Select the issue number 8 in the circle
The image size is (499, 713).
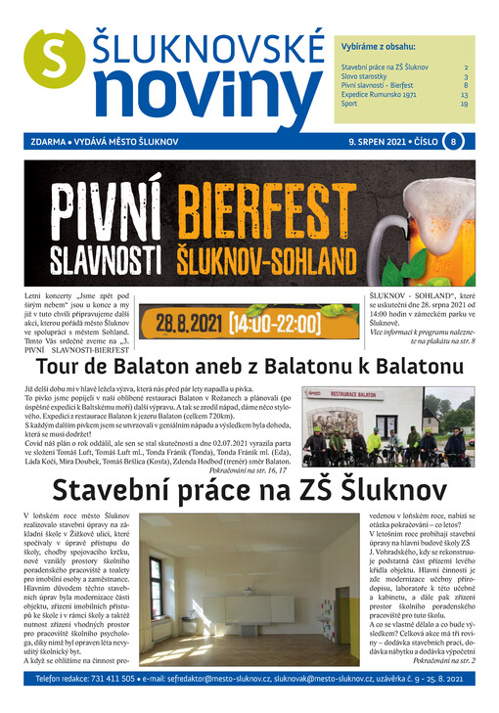coord(453,142)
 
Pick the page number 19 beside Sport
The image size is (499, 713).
coord(464,104)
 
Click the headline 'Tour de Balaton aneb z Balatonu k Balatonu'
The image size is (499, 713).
coord(249,367)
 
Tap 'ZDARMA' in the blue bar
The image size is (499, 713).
coord(49,142)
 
